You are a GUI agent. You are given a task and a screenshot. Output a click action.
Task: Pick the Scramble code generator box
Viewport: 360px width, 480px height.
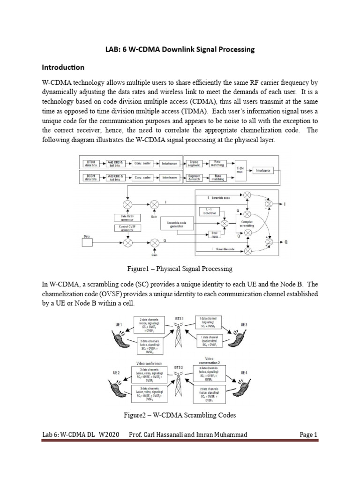176,224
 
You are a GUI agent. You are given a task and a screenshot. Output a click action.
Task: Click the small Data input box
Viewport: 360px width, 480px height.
87,240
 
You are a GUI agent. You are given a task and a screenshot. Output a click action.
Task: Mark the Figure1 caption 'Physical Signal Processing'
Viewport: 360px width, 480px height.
180,269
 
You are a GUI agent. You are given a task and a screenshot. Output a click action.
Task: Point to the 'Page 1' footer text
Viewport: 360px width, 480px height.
308,435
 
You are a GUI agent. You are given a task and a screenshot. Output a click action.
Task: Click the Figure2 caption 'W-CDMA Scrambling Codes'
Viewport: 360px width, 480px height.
180,415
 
